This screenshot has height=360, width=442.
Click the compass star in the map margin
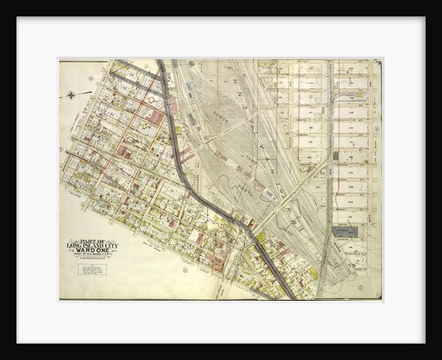71,94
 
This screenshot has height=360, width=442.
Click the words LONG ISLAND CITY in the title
92,244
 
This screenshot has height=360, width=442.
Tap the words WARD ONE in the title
92,250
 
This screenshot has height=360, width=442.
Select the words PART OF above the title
92,239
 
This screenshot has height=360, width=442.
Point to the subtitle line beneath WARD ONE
92,256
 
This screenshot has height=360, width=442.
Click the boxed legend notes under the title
92,268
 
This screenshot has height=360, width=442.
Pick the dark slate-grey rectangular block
345,231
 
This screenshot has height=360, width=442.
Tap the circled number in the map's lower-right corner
361,287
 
